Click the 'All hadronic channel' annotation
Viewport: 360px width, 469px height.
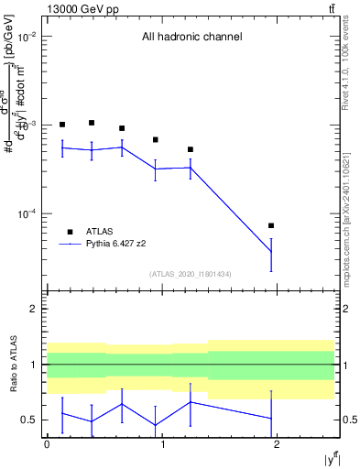pos(191,38)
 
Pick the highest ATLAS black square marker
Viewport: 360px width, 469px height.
pos(92,123)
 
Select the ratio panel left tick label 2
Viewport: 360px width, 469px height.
pos(33,309)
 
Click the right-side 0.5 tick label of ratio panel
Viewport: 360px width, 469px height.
pos(345,420)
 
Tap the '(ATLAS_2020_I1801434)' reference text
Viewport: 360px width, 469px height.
pos(191,274)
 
